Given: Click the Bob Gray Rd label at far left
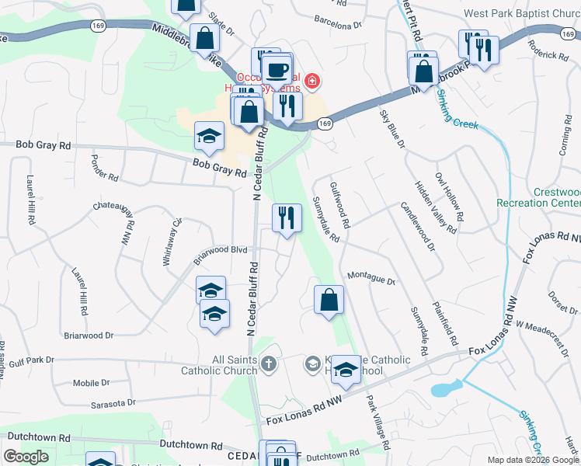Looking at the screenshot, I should pyautogui.click(x=43, y=145).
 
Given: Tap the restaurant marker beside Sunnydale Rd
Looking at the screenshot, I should pyautogui.click(x=287, y=220).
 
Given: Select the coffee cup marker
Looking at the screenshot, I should pyautogui.click(x=277, y=71).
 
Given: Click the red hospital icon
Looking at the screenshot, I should pyautogui.click(x=311, y=81).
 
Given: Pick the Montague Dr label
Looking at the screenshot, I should pyautogui.click(x=371, y=277).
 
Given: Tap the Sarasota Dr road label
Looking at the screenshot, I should pyautogui.click(x=113, y=403).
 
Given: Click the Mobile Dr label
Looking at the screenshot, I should pyautogui.click(x=92, y=383).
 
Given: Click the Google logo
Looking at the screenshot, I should pyautogui.click(x=26, y=457).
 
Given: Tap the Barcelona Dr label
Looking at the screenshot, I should pyautogui.click(x=339, y=22).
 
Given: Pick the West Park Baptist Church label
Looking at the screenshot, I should pyautogui.click(x=521, y=13).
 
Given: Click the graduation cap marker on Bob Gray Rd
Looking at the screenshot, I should pyautogui.click(x=208, y=137).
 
